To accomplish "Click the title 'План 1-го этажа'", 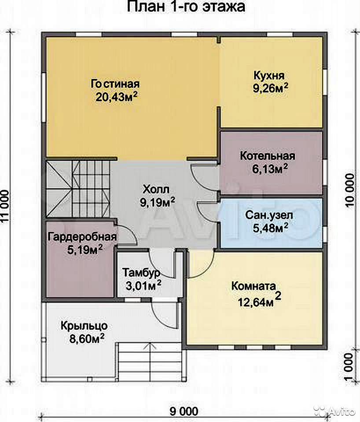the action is click(186, 7).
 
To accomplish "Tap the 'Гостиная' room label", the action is click(115, 84).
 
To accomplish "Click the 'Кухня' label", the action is click(269, 76).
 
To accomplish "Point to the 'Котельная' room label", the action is click(268, 156).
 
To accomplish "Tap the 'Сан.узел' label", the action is click(268, 215).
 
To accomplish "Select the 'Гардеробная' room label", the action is click(82, 237).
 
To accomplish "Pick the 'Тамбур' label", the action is click(141, 273).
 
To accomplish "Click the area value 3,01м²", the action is click(143, 286).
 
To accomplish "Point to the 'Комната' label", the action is click(253, 286).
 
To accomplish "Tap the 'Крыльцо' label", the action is click(84, 326).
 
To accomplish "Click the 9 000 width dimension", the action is click(184, 411).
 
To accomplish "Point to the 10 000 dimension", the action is click(349, 190).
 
